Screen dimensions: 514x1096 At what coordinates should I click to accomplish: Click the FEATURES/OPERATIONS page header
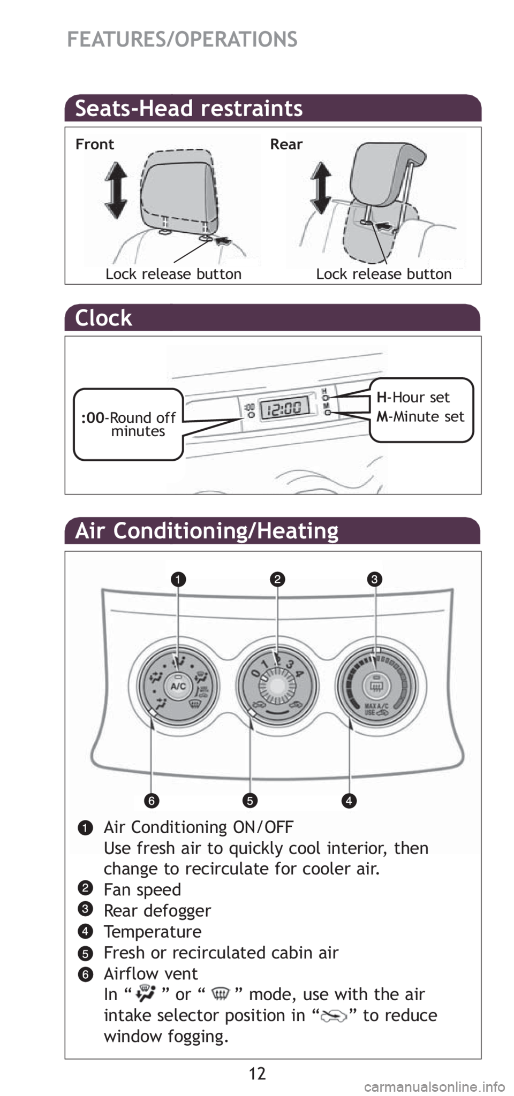182,40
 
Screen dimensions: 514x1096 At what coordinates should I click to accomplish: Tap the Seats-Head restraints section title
189,109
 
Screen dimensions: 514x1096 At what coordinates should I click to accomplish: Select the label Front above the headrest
95,144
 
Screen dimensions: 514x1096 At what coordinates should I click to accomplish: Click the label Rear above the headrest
286,144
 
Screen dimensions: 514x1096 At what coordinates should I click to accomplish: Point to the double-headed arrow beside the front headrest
116,191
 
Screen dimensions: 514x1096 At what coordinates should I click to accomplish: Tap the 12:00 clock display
284,409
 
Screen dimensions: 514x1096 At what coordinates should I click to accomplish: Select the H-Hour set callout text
413,397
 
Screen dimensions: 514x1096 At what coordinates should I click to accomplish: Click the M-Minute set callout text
420,416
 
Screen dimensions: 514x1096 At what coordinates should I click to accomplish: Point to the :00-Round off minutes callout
128,424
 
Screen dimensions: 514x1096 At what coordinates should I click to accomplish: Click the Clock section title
103,318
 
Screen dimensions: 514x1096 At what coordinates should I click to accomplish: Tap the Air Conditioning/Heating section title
207,531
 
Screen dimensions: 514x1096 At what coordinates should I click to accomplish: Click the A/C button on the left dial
178,685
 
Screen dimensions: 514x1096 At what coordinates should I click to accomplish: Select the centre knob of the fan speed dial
277,686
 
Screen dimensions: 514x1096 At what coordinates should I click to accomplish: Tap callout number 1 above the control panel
178,579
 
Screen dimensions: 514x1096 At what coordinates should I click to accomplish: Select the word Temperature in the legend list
153,932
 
